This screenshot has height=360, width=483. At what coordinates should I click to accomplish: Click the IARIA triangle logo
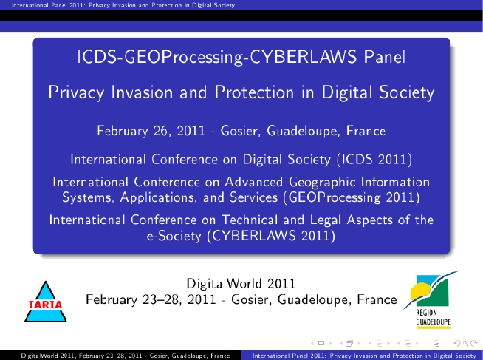coord(46,302)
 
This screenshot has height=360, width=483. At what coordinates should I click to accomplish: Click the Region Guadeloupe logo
coord(431,300)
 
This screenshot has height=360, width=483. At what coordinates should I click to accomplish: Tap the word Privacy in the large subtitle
coord(76,92)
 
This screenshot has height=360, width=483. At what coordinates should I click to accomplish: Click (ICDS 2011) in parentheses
coord(374,160)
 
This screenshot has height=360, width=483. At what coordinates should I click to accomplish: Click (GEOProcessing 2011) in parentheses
coord(352,197)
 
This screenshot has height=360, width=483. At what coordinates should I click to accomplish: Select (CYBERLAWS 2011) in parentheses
coord(271,236)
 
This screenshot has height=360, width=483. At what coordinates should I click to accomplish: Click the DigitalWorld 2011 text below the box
coord(241,284)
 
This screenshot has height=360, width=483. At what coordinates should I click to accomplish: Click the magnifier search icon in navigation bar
coord(466,343)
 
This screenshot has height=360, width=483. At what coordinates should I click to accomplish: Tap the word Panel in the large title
coord(385,57)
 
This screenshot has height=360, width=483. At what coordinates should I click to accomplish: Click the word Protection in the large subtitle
coord(254,92)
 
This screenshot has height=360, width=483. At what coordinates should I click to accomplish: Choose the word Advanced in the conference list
coord(254,182)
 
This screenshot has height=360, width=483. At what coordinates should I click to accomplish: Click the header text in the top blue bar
coord(123,5)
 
